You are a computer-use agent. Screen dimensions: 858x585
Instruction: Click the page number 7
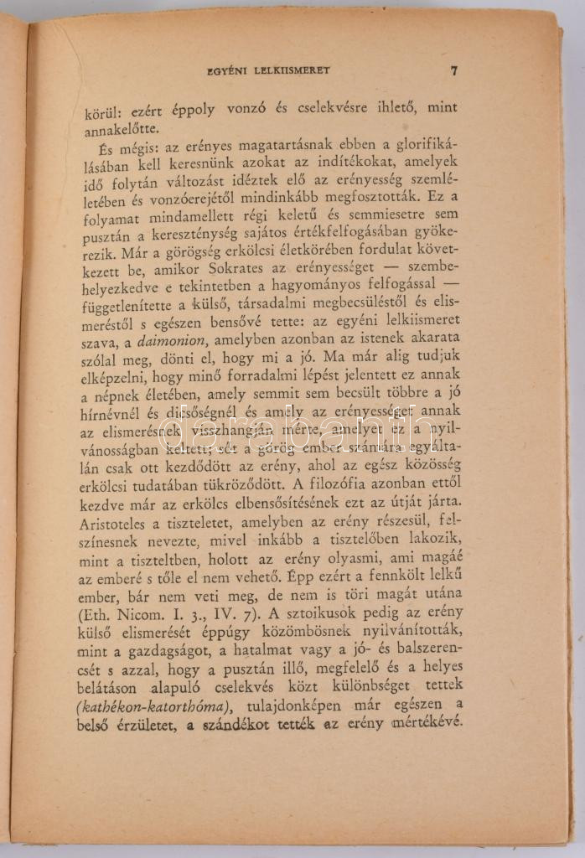tap(453, 71)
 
